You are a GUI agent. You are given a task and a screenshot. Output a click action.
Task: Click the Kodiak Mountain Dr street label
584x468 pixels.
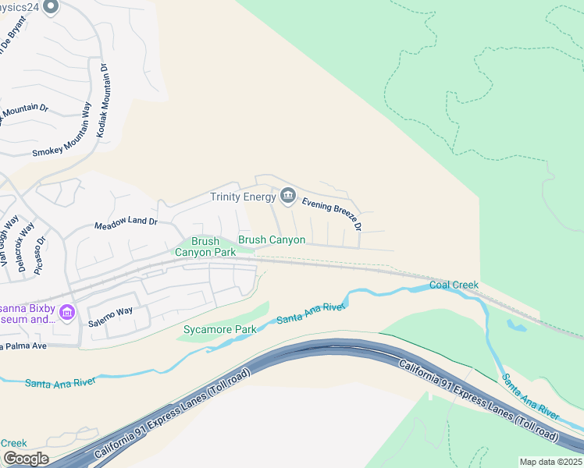tap(101, 101)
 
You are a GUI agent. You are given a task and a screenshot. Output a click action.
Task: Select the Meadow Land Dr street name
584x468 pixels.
tap(126, 222)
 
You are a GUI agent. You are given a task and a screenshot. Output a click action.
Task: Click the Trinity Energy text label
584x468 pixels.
tap(243, 197)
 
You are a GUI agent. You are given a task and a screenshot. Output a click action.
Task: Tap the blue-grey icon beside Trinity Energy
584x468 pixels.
tap(288, 195)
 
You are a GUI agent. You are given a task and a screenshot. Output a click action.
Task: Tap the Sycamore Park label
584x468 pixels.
tap(219, 329)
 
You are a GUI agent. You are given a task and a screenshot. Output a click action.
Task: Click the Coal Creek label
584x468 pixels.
tap(454, 285)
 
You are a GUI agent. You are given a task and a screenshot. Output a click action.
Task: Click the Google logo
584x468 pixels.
tap(25, 459)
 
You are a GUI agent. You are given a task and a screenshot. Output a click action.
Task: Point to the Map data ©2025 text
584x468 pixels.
tap(550, 462)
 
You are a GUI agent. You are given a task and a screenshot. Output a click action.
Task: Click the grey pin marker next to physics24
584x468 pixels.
tap(52, 8)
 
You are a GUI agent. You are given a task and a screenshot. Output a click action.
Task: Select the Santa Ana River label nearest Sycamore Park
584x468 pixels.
tap(311, 313)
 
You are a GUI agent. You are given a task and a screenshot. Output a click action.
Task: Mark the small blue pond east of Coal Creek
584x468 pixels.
tap(516, 325)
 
